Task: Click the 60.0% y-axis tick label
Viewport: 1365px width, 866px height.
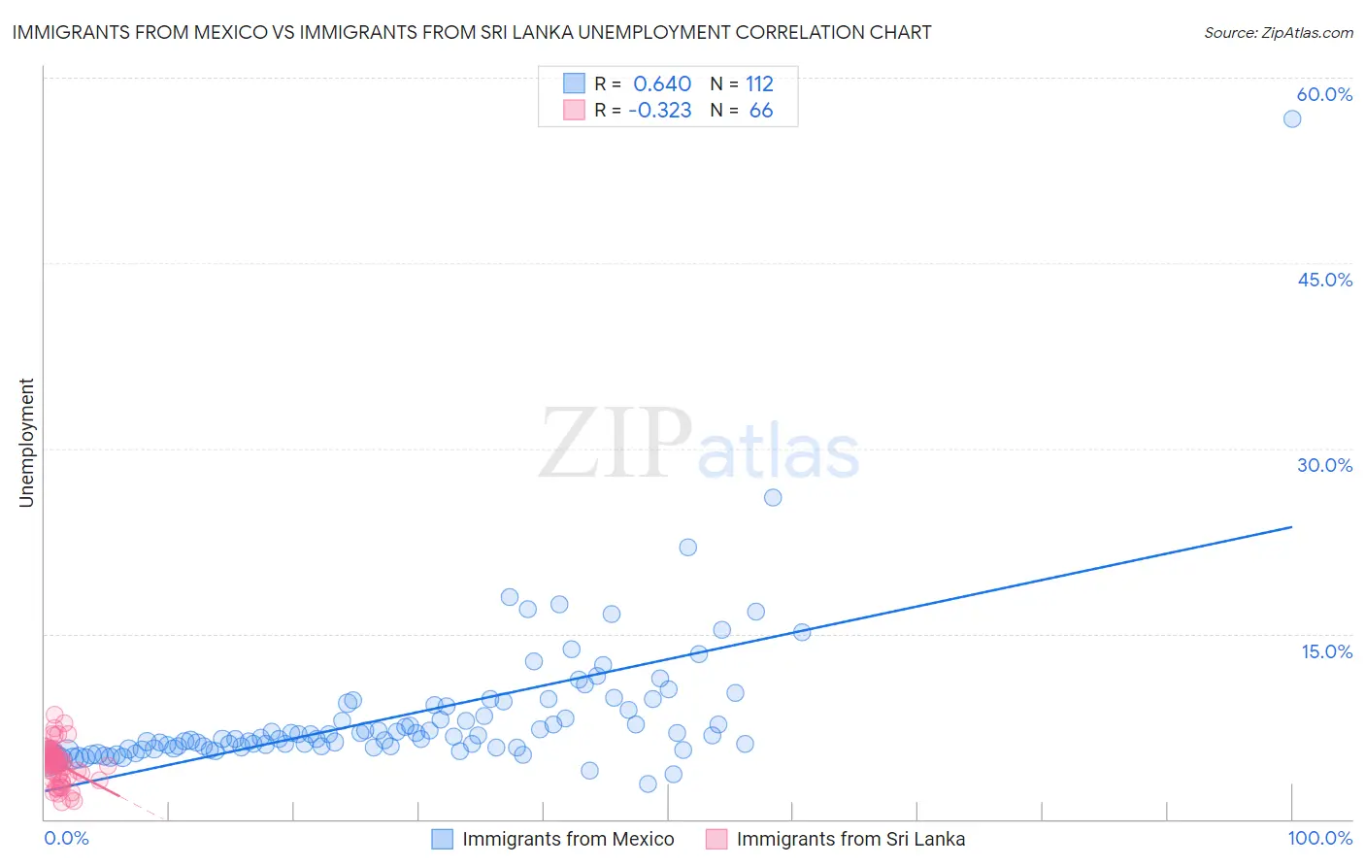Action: point(1324,94)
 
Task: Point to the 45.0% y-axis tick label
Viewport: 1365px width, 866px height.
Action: point(1324,280)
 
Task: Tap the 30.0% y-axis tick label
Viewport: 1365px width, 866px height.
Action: point(1324,465)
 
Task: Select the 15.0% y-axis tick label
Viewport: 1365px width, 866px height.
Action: point(1326,651)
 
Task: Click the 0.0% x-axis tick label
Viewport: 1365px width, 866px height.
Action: point(66,838)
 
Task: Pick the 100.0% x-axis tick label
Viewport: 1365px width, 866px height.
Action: point(1319,838)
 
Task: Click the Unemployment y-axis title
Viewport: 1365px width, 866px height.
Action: point(26,443)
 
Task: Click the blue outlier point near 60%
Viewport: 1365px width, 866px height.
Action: point(1291,118)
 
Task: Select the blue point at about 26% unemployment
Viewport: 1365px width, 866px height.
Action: point(773,497)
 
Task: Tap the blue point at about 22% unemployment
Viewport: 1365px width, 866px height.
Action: point(687,547)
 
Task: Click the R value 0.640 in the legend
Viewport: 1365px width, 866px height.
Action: point(662,83)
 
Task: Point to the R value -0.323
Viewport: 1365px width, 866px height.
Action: point(660,111)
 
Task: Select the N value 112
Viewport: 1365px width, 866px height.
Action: point(759,83)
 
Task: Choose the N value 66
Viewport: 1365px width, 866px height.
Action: point(761,111)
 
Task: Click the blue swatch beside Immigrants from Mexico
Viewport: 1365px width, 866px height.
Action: point(442,839)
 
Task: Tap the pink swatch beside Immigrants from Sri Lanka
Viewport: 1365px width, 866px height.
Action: point(716,839)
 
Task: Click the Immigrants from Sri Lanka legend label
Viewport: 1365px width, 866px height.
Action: point(850,839)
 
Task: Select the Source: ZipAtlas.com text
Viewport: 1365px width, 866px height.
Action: point(1278,33)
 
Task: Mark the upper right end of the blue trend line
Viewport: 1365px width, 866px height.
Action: point(1291,526)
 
